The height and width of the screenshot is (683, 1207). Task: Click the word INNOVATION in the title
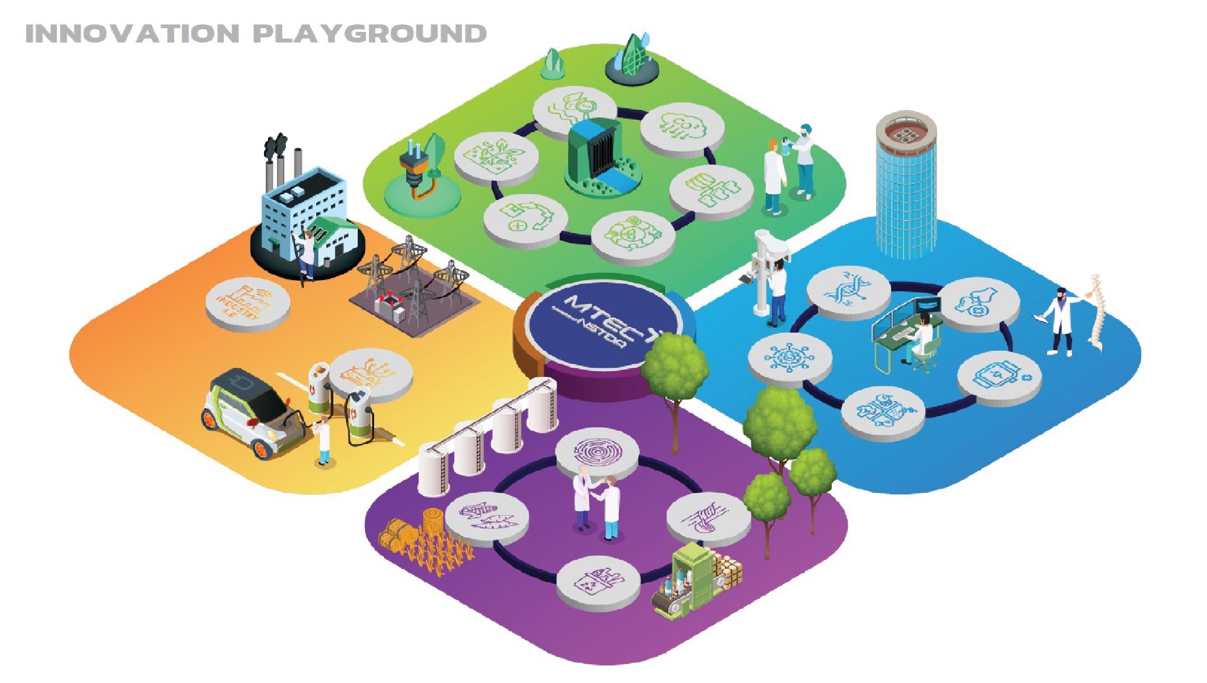tap(132, 34)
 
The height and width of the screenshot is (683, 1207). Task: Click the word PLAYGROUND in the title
tap(369, 34)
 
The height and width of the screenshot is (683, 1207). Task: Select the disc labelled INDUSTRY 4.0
tap(248, 303)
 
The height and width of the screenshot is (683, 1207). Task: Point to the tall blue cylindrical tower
tap(906, 186)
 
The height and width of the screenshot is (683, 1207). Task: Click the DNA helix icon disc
tap(848, 292)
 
